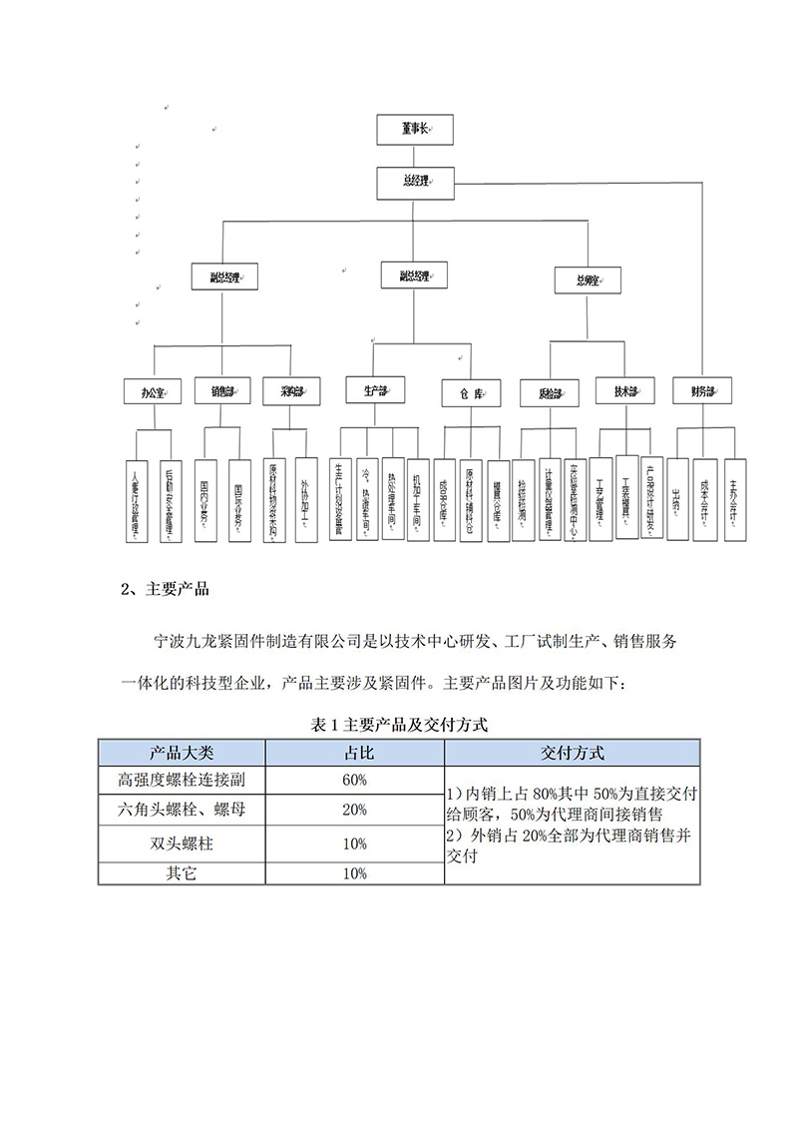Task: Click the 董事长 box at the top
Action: [414, 129]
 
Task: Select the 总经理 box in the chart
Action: [414, 181]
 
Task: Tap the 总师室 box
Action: [589, 281]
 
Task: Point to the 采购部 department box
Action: [292, 391]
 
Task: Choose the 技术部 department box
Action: [624, 391]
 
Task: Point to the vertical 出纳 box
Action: [678, 499]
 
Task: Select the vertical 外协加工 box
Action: [306, 499]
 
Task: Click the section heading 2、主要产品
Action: [165, 590]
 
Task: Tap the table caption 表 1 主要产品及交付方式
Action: [399, 727]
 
